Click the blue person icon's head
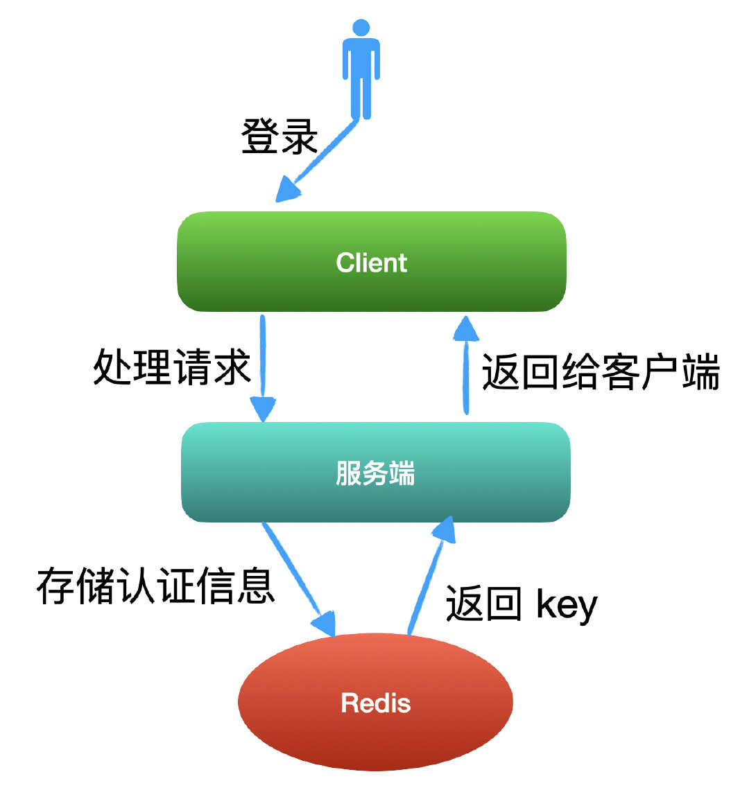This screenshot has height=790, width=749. coord(361,28)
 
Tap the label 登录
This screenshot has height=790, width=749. coord(279,136)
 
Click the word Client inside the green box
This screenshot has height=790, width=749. coord(372,263)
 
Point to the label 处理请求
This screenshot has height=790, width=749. coord(171,367)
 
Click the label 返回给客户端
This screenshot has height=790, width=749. coord(601,372)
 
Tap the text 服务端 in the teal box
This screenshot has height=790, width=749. coord(375,473)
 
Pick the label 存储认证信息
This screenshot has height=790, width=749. coord(156,587)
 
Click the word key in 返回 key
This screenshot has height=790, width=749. coord(567,605)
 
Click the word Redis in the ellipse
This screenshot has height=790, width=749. coord(375,703)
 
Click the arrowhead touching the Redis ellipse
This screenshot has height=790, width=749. coord(323,622)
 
